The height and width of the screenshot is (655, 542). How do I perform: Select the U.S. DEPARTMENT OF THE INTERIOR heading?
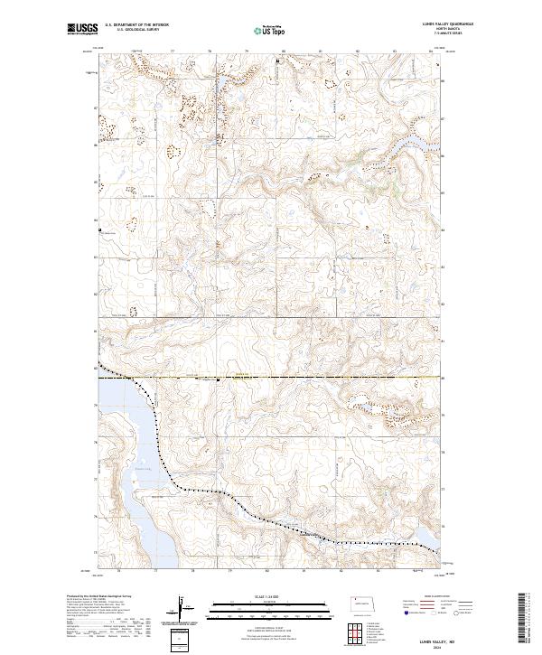136,24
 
